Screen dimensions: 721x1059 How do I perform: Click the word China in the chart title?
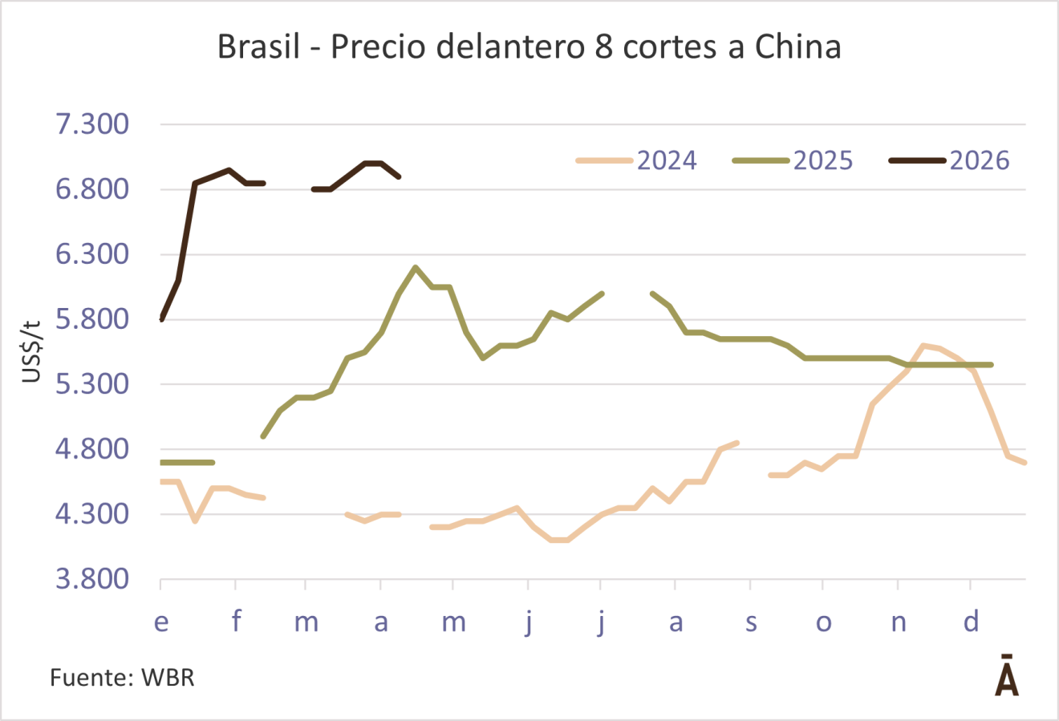[x=797, y=47]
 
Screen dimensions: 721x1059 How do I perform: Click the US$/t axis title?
[x=31, y=350]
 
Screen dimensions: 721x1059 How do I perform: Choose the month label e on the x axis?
[x=161, y=622]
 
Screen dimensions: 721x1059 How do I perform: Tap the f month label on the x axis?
[x=236, y=622]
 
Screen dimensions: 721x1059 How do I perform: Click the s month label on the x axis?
[x=751, y=622]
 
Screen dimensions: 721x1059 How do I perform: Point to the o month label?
[x=824, y=622]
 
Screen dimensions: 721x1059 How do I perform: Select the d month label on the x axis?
[x=972, y=622]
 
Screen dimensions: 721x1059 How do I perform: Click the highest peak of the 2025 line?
[x=415, y=267]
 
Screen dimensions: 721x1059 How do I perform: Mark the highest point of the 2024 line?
[x=923, y=345]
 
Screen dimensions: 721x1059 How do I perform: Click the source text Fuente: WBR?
[x=122, y=678]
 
